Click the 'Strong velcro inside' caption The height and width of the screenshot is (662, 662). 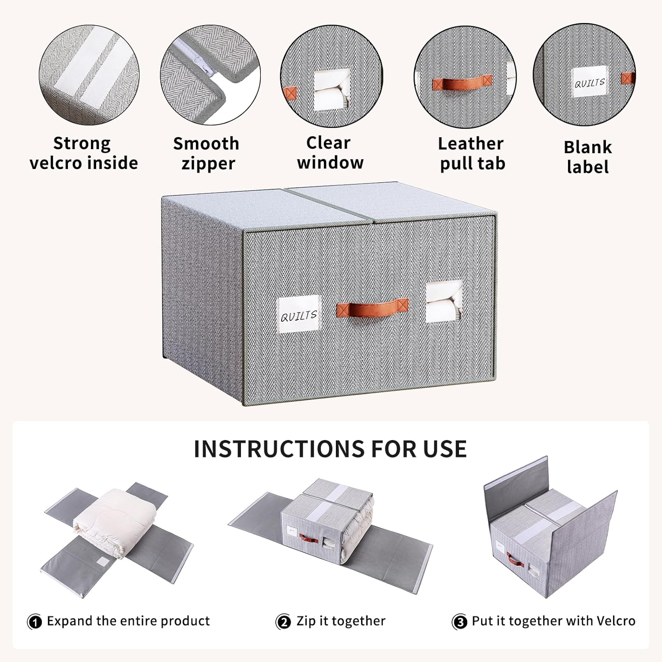83,153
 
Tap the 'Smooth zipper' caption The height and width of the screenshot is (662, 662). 206,153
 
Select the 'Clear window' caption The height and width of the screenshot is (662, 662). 330,153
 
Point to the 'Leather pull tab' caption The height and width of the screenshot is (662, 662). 471,153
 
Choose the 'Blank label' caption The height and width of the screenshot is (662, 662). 587,157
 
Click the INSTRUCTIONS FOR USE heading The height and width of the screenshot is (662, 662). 330,449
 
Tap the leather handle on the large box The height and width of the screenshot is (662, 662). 372,307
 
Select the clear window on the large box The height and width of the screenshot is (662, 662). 444,302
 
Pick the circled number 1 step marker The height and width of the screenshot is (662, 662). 34,622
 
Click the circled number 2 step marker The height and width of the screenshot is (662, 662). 283,622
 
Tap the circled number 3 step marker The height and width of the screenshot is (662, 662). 459,622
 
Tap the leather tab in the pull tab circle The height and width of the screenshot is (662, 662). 462,83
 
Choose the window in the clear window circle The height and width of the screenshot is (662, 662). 332,92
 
